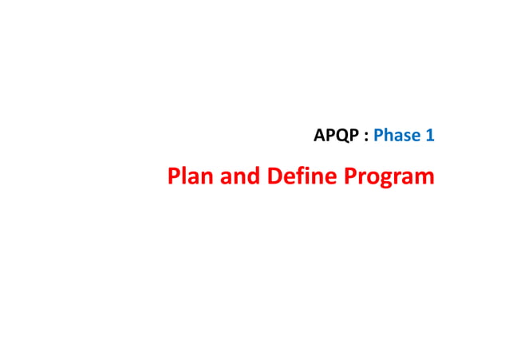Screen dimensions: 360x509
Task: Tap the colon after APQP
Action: [x=366, y=137]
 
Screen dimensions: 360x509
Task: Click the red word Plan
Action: [x=189, y=176]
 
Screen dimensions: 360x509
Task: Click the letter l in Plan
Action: [x=184, y=175]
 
